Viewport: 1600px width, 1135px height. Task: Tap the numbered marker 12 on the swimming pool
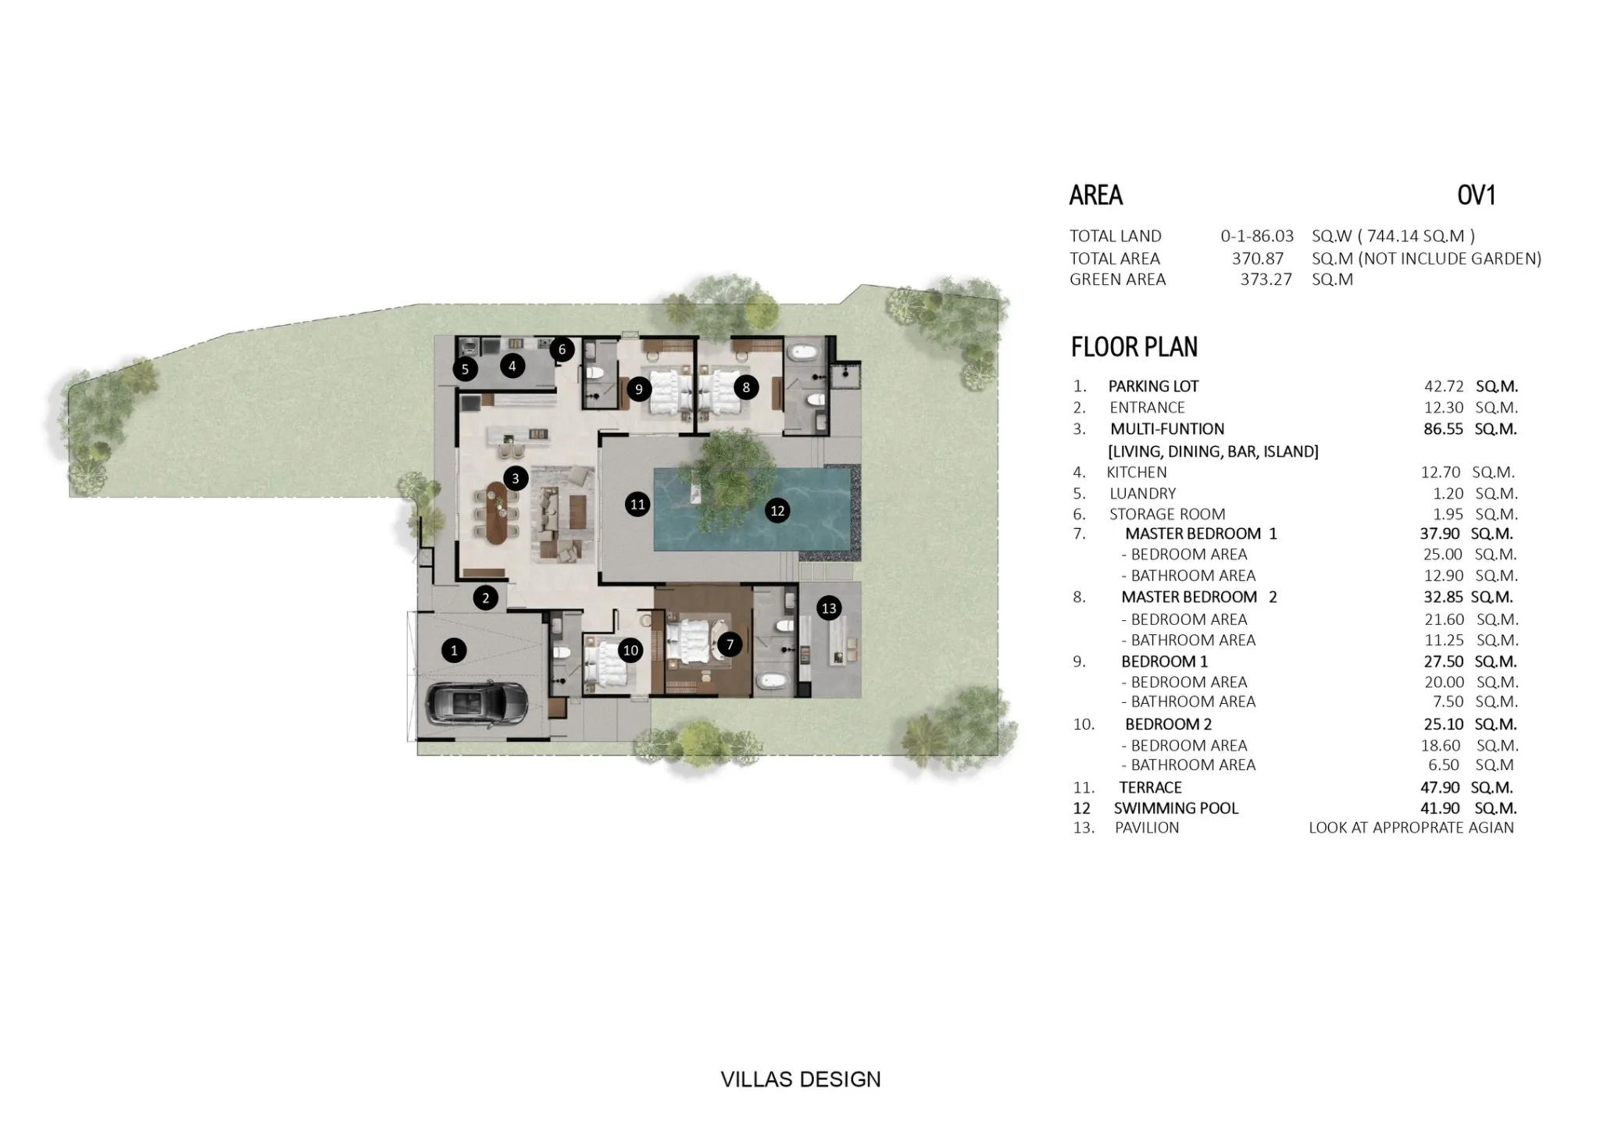(x=777, y=511)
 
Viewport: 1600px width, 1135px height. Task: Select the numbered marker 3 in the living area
(x=515, y=479)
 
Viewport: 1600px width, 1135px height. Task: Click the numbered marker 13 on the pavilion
(x=829, y=608)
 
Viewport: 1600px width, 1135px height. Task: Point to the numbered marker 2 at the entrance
(x=485, y=598)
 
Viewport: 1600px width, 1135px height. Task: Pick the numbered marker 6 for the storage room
(x=562, y=349)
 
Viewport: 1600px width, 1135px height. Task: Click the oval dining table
(x=498, y=512)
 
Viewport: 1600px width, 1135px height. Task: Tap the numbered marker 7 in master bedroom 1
(x=730, y=644)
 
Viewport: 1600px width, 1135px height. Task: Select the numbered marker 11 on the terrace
(x=637, y=505)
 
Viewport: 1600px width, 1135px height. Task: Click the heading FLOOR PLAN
(x=1134, y=347)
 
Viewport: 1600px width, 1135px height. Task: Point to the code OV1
(x=1477, y=195)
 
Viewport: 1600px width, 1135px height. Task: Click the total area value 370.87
(x=1258, y=259)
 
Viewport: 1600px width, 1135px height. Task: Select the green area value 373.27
(x=1266, y=280)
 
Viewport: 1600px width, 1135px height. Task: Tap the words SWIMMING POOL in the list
(x=1176, y=808)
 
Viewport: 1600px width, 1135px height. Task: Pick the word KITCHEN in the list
(x=1137, y=473)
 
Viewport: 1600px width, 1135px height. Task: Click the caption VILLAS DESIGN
(x=801, y=1080)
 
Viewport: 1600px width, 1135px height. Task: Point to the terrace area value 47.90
(x=1441, y=787)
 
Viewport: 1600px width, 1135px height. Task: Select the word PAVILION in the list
(x=1147, y=828)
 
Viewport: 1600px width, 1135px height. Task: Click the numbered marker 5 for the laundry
(x=465, y=369)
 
